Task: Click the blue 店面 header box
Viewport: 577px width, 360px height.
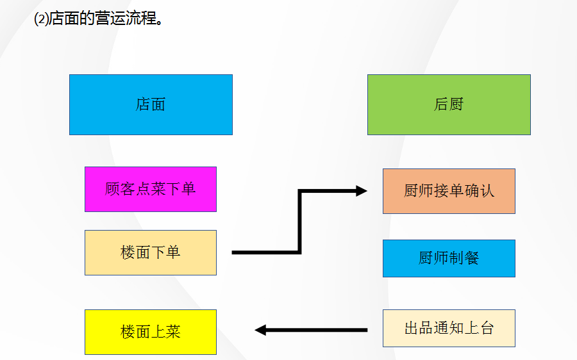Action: (151, 104)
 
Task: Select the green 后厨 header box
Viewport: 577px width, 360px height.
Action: (449, 104)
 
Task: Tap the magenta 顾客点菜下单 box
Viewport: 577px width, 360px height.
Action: (151, 189)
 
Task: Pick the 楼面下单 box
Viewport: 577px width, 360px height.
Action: (151, 252)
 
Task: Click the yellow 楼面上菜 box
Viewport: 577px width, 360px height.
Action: (151, 332)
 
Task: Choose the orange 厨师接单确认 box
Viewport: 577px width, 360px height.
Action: (449, 191)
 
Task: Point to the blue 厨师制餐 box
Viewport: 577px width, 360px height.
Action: (449, 258)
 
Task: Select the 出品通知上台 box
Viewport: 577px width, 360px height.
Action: (449, 329)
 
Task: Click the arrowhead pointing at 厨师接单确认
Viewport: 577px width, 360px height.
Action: (362, 191)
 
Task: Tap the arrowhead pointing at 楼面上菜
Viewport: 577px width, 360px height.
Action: (260, 331)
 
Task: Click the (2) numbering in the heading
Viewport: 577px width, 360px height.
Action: (41, 19)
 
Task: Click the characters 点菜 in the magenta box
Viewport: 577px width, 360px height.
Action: (151, 189)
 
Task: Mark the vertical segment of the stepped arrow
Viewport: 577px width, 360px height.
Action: (299, 222)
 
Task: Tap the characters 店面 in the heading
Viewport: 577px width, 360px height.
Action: (64, 19)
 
